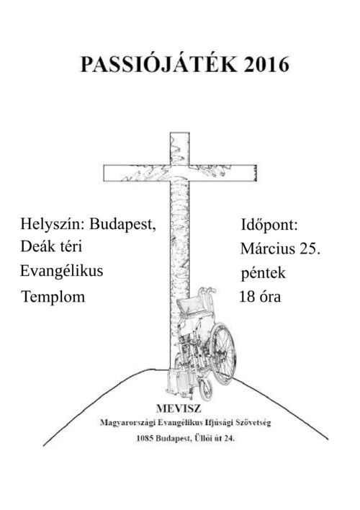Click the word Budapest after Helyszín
point(123,224)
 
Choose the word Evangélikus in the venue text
point(61,271)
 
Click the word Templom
point(53,297)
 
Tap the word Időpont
point(269,225)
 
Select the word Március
point(268,249)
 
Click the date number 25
point(310,249)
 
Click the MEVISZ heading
point(179,408)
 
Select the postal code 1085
point(145,438)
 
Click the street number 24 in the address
point(229,438)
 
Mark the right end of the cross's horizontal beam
point(257,173)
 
